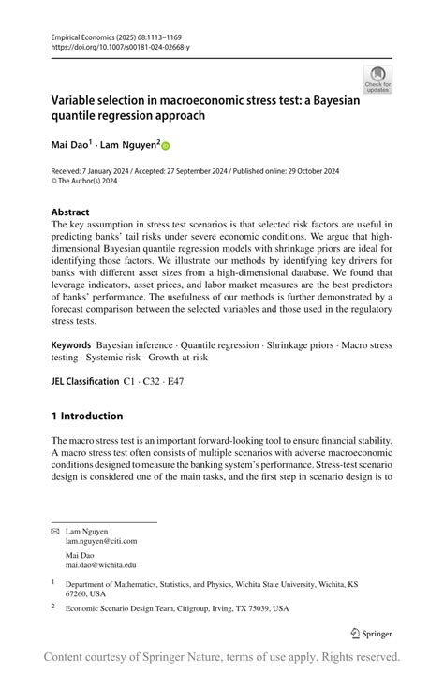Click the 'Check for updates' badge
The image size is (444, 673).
point(377,79)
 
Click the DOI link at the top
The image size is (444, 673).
point(113,45)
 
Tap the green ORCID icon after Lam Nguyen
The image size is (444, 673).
point(167,146)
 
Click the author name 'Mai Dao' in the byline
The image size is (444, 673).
point(71,145)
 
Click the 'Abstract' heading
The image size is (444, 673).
point(71,212)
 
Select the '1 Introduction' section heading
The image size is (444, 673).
point(87,416)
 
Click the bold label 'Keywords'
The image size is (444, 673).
point(71,345)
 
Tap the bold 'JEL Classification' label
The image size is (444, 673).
point(85,383)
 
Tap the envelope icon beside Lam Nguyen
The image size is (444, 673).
point(54,531)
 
